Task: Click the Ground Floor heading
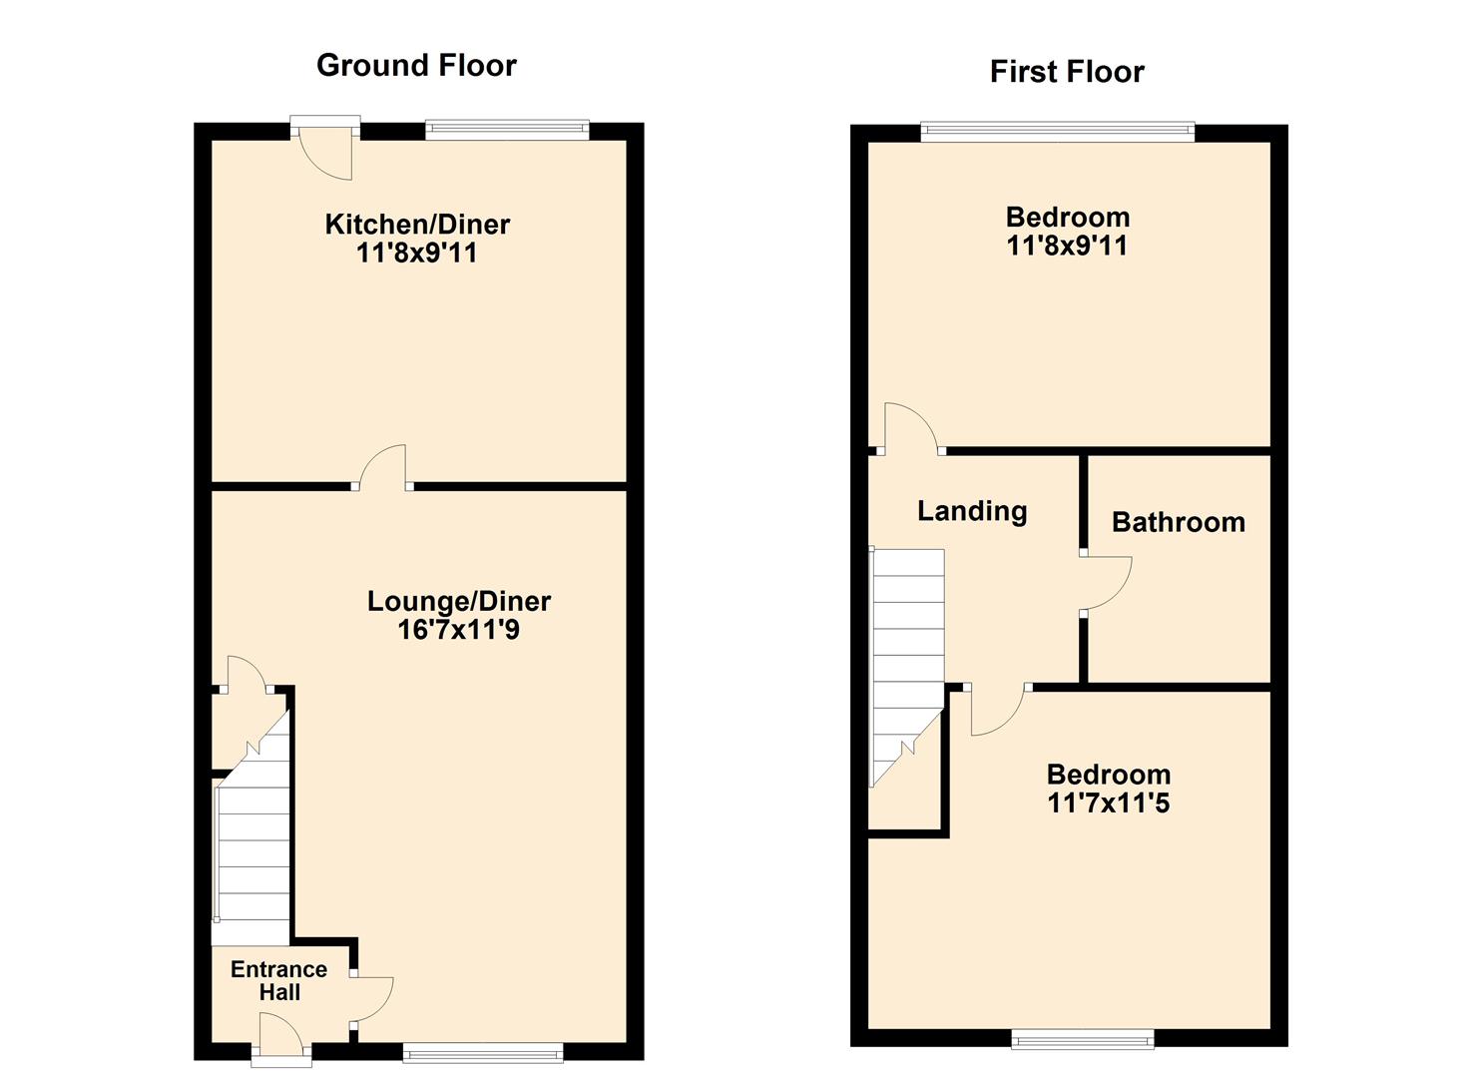[x=416, y=66]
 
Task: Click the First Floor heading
[x=1066, y=72]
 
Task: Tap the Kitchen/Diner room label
[x=417, y=225]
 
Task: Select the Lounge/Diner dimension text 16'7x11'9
[x=458, y=630]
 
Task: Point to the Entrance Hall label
[x=278, y=980]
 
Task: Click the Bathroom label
[x=1178, y=522]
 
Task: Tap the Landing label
[x=972, y=511]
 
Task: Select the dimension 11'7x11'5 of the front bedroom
[x=1108, y=803]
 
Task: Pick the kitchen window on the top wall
[x=507, y=129]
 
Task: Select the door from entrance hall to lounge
[x=371, y=998]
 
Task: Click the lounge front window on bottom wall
[x=483, y=1051]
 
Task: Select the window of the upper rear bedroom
[x=1057, y=131]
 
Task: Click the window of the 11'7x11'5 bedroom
[x=1082, y=1040]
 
